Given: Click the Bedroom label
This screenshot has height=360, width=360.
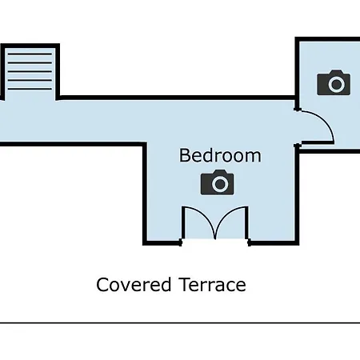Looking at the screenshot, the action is tap(220, 155).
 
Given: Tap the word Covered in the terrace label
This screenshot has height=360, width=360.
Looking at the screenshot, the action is tap(134, 285).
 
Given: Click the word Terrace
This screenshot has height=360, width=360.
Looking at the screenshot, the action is tap(213, 285).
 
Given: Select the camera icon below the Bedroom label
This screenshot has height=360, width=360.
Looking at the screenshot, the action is tap(218, 182).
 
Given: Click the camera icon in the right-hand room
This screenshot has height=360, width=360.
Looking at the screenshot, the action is tap(334, 82).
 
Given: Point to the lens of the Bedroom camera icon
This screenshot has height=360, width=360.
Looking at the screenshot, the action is tap(220, 183).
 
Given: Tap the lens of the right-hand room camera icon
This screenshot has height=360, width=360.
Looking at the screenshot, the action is tap(336, 84).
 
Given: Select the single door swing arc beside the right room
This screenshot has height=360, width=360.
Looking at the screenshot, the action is tap(324, 119).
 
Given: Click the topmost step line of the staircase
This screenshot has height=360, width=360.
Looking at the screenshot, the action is tap(30, 54).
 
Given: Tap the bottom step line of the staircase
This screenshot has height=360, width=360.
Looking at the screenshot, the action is tap(30, 89).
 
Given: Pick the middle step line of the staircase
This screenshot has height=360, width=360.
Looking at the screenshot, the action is tap(30, 71).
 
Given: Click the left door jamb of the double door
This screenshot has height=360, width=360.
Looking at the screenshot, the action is tap(181, 242).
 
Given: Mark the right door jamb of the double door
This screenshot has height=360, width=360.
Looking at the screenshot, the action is tap(250, 242).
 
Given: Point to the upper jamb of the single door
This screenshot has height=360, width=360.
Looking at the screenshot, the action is tap(298, 109).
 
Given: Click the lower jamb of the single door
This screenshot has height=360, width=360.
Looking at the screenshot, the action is tap(298, 146).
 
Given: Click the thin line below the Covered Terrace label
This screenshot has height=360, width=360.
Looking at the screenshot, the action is tap(180, 323).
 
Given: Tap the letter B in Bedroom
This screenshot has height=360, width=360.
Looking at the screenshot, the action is tap(184, 155).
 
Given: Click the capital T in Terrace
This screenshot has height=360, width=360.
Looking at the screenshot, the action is tap(185, 284).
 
